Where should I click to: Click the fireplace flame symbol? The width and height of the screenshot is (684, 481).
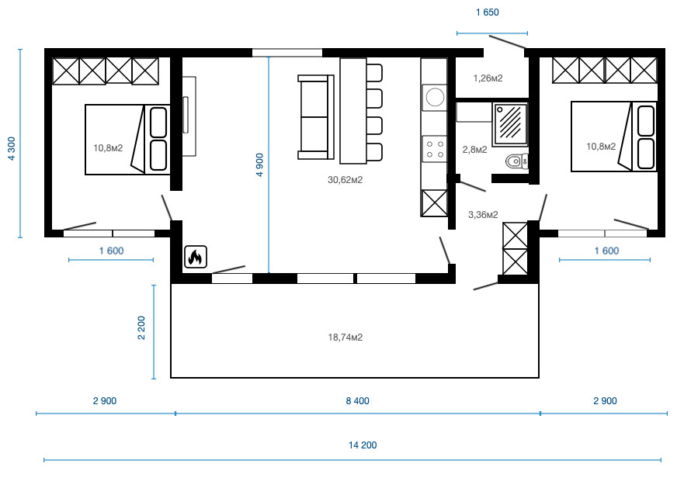196,257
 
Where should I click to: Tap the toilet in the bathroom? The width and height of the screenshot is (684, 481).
517,161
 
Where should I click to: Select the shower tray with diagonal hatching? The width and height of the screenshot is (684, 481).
510,124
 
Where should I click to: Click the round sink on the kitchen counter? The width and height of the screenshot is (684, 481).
435,97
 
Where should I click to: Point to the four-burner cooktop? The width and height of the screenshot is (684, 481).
435,149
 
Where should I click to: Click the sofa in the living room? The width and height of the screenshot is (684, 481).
316,117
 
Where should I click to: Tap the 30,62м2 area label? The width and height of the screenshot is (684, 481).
345,180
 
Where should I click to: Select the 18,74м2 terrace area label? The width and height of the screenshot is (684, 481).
345,337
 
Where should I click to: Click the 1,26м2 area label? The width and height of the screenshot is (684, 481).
488,78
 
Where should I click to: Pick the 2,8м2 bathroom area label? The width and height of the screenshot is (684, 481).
474,150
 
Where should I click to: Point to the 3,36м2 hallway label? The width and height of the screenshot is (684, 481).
483,215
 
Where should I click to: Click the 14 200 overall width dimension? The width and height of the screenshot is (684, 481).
363,445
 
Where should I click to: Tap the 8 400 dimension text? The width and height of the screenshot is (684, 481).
357,401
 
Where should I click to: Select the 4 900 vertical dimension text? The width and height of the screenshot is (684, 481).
260,164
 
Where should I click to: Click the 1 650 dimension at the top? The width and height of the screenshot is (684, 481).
488,12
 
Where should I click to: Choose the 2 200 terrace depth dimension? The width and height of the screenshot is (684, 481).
141,327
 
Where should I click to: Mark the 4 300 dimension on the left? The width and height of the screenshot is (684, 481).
12,148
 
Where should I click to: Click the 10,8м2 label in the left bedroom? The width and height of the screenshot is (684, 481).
108,148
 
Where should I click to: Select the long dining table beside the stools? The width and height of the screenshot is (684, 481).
353,111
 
